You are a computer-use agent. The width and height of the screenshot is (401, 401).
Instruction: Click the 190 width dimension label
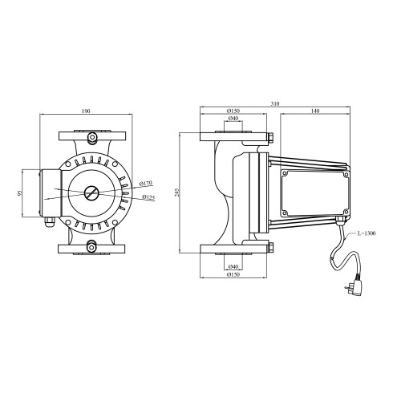(x=86, y=111)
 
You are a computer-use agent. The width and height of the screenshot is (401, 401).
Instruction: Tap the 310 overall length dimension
(x=275, y=103)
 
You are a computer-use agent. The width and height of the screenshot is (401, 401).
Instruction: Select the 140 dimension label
(x=315, y=111)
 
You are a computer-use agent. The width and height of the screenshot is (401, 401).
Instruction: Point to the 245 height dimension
(x=177, y=192)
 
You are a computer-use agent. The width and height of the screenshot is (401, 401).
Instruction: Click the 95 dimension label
(x=19, y=193)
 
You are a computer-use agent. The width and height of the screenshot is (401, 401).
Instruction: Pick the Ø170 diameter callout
(x=146, y=184)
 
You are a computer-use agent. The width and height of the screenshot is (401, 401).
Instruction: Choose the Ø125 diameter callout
(x=148, y=197)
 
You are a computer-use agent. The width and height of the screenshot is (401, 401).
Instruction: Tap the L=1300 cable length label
(x=367, y=233)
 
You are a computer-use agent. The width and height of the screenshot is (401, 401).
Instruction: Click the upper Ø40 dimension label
(x=233, y=118)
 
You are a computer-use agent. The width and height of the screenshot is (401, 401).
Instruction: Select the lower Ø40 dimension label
(x=233, y=266)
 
